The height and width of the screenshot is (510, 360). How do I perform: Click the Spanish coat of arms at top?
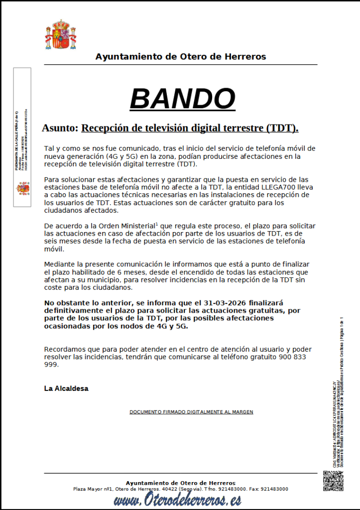61,34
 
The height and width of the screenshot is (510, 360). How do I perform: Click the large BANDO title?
182,99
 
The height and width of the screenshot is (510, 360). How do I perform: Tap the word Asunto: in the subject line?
60,128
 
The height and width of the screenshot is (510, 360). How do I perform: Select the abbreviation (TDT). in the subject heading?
282,128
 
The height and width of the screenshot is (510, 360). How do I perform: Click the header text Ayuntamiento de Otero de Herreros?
181,57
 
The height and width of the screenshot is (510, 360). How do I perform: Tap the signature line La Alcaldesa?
66,388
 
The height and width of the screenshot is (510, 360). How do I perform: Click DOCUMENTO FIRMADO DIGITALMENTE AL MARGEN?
191,412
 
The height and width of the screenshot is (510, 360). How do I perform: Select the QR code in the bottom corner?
333,481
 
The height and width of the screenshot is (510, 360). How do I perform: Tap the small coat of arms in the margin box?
23,188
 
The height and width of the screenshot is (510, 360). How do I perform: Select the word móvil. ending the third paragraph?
55,249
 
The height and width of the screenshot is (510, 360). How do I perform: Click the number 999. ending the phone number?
51,365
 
